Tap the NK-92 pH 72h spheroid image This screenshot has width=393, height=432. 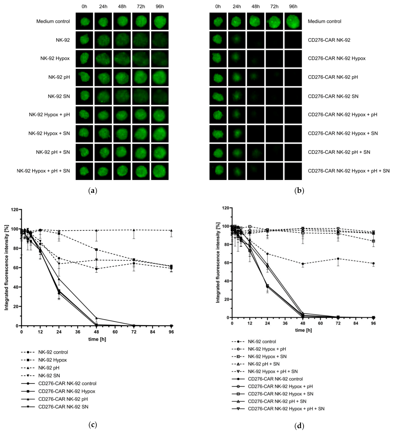(x=141, y=78)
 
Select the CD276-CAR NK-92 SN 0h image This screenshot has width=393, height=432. (x=218, y=96)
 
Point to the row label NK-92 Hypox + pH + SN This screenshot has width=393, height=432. (x=43, y=171)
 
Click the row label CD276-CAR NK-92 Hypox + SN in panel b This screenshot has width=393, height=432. (x=343, y=133)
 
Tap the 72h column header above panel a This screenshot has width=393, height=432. (x=141, y=6)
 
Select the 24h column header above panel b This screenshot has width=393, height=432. (x=237, y=6)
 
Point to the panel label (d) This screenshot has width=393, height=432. (x=299, y=426)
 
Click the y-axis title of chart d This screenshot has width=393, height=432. (x=218, y=262)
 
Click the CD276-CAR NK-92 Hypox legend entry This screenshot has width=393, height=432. (x=66, y=391)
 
